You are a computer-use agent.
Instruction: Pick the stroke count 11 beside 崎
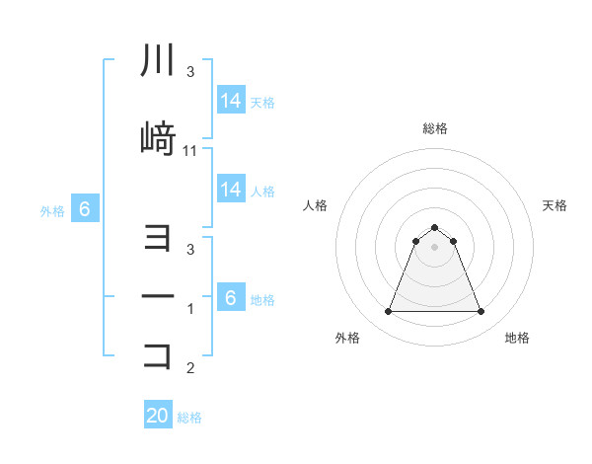[190, 151]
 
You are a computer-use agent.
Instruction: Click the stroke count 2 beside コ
[190, 369]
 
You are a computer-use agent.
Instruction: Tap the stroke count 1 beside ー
[190, 310]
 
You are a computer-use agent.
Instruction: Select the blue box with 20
[158, 416]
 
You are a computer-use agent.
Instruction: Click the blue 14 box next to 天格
[231, 101]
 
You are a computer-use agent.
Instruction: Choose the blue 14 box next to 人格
[231, 190]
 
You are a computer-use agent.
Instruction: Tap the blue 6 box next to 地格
[231, 298]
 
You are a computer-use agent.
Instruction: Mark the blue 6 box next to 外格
[85, 209]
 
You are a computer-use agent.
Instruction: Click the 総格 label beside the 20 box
[189, 418]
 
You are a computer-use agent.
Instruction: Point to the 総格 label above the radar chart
[434, 128]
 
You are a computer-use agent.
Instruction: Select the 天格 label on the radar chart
[555, 205]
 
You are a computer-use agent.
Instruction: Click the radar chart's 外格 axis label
[347, 338]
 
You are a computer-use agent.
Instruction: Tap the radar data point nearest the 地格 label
[481, 312]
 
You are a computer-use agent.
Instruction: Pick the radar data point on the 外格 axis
[388, 312]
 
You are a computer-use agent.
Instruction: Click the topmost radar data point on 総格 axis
[434, 227]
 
